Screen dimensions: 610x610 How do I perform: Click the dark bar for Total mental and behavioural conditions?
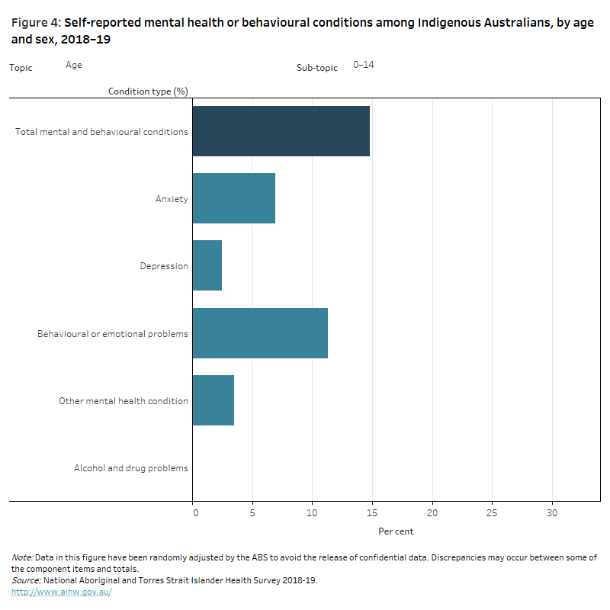tap(281, 131)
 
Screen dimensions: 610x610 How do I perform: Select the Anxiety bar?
tap(233, 198)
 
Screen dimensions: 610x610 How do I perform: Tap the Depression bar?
tap(207, 265)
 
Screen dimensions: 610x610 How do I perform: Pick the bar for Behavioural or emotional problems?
tap(260, 333)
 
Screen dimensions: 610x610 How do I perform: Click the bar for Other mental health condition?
tap(213, 400)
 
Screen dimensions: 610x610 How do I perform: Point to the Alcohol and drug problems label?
tap(130, 468)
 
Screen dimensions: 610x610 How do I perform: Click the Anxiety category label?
tap(172, 199)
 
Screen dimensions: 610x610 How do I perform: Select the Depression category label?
tap(163, 266)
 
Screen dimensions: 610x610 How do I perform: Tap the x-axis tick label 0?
tap(195, 512)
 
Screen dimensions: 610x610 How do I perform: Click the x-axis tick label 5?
tap(252, 512)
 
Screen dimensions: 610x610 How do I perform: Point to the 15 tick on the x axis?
tap(372, 512)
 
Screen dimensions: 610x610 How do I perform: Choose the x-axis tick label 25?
tap(492, 512)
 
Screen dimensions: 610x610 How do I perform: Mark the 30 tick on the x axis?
tap(551, 512)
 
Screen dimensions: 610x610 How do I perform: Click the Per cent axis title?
tap(396, 531)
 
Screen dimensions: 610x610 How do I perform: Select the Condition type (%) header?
tap(148, 91)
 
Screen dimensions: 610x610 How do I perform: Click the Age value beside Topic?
tap(74, 66)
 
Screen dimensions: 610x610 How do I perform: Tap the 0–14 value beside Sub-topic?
tap(363, 65)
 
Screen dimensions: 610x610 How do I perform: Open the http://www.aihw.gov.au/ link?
tap(62, 592)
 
